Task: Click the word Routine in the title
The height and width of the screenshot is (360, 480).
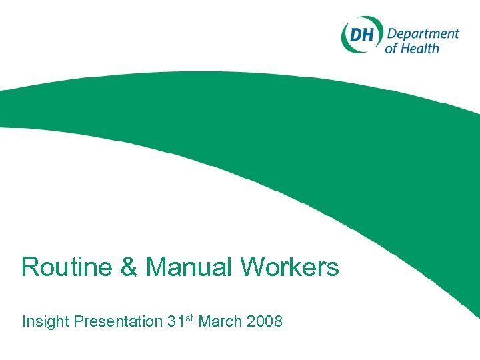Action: [x=60, y=267]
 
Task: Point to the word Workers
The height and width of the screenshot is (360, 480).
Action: [x=289, y=267]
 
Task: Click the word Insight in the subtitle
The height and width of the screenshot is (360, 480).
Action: [x=45, y=321]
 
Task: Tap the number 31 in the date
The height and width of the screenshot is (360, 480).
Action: [x=175, y=321]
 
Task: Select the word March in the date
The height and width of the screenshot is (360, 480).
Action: [x=221, y=321]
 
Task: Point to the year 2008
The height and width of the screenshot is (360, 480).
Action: [x=264, y=321]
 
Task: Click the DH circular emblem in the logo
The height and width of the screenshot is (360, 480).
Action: [x=361, y=35]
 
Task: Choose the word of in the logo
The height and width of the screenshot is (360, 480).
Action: [x=392, y=48]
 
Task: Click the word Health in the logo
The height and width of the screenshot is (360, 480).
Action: [x=421, y=47]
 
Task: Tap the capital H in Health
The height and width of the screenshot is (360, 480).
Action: [x=407, y=47]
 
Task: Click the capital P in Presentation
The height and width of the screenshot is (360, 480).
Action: [x=79, y=321]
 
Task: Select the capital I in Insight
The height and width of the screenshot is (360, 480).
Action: [x=25, y=321]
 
